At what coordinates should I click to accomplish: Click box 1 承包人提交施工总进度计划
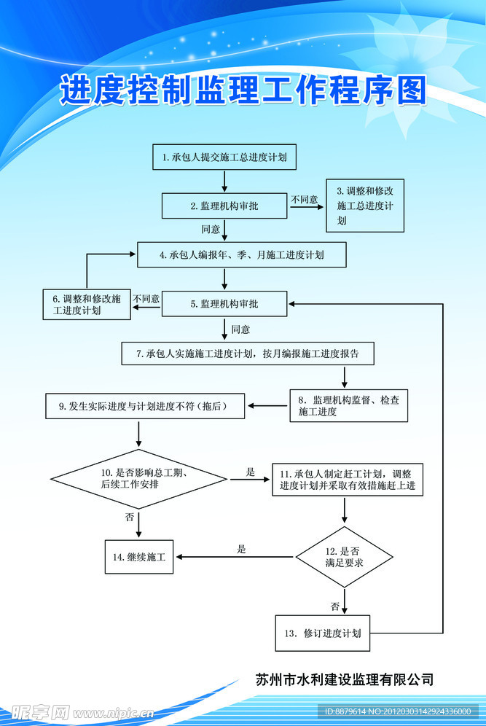click(224, 157)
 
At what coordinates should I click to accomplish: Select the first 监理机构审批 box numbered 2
click(224, 206)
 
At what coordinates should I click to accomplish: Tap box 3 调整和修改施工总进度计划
click(364, 206)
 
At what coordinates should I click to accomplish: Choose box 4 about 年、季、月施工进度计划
click(242, 255)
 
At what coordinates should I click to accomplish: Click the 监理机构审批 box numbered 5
click(224, 304)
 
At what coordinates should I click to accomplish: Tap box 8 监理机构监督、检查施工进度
click(348, 405)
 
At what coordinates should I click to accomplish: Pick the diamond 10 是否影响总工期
click(138, 479)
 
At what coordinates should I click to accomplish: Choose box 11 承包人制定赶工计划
click(347, 480)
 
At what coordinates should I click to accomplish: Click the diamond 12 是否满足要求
click(344, 557)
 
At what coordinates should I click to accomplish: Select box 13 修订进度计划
click(322, 633)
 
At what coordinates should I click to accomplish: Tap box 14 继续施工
click(138, 558)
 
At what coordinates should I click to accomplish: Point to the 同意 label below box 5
click(240, 329)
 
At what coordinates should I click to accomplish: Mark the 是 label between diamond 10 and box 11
click(251, 472)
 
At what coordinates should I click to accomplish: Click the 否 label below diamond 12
click(334, 606)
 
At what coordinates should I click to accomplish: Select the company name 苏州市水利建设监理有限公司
click(345, 679)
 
